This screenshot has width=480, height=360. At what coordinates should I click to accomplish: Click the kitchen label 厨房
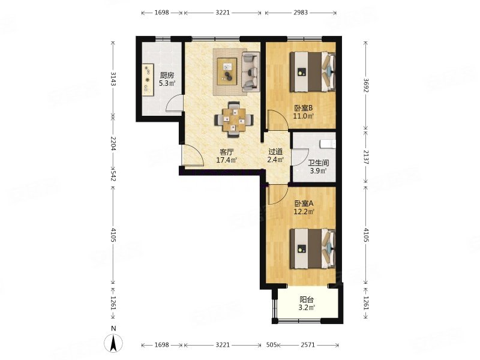[x=167, y=76]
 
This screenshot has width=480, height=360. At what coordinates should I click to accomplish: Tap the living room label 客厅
[x=227, y=152]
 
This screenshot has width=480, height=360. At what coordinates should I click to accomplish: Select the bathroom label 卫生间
[x=319, y=163]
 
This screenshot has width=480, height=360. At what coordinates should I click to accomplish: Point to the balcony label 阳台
[x=307, y=299]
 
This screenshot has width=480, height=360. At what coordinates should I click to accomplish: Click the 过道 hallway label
[x=275, y=152]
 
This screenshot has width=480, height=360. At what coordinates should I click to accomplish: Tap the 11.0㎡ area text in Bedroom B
[x=304, y=116]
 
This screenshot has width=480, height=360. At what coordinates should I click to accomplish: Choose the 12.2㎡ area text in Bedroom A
[x=304, y=212]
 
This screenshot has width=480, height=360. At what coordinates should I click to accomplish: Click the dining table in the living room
[x=234, y=119]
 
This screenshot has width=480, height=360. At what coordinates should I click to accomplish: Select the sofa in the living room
[x=251, y=72]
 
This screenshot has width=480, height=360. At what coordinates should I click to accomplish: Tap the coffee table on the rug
[x=227, y=71]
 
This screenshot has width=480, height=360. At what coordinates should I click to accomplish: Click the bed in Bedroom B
[x=313, y=72]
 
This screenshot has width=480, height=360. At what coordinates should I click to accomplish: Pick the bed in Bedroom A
[x=313, y=249]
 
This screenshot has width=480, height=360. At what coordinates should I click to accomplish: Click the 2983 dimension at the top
[x=301, y=13]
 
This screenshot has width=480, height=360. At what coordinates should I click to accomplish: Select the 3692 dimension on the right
[x=366, y=85]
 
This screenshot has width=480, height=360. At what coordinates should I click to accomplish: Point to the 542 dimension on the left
[x=113, y=176]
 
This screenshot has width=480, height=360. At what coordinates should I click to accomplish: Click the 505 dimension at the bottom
[x=272, y=345]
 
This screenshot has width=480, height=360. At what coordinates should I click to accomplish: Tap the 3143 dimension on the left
[x=113, y=79]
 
